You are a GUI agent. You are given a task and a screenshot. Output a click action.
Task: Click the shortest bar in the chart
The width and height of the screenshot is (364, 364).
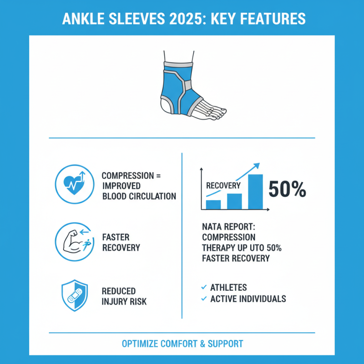click(x=213, y=204)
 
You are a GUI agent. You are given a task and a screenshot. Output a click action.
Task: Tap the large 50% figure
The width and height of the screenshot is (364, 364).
click(x=287, y=189)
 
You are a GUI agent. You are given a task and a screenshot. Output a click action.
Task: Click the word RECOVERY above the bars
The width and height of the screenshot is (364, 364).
click(x=223, y=186)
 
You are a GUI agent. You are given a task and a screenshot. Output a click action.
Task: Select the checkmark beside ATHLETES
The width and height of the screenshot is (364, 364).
click(x=203, y=287)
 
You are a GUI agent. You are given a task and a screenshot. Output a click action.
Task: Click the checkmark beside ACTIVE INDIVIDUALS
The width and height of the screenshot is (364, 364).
click(x=203, y=299)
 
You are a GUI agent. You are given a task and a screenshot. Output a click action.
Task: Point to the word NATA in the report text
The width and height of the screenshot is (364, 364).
click(x=212, y=226)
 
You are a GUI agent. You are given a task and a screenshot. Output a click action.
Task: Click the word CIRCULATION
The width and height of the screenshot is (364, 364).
click(x=152, y=197)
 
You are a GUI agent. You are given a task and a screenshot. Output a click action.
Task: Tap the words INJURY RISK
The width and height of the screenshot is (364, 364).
click(x=124, y=301)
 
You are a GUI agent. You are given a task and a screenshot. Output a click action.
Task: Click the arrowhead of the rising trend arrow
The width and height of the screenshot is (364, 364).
click(x=258, y=166)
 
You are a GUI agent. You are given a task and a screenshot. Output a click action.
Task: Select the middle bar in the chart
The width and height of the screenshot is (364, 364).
click(x=234, y=201)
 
